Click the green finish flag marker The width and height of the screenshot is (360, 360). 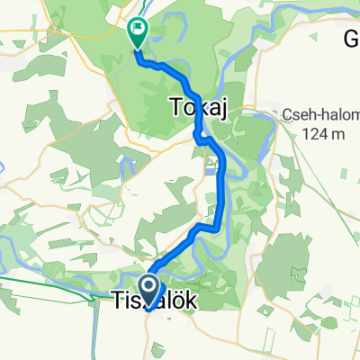point(138,33)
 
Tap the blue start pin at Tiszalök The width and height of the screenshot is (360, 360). point(147,290)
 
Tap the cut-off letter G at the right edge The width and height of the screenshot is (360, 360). point(352,39)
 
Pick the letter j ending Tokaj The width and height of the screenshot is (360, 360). point(218,110)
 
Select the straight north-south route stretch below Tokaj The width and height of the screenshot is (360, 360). point(222,184)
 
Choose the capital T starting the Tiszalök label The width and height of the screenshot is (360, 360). point(118,301)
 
